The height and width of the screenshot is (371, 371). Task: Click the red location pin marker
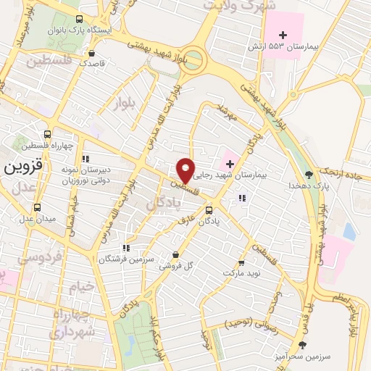186,170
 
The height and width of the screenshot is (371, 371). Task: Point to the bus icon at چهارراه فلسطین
48,134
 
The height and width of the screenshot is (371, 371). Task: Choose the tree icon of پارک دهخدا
309,174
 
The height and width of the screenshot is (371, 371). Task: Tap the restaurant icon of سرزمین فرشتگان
127,248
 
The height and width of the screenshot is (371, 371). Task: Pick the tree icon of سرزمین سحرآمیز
303,345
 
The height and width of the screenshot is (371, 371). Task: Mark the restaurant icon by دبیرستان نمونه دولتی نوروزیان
86,158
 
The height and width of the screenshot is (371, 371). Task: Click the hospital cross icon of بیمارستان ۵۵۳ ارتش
283,35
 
